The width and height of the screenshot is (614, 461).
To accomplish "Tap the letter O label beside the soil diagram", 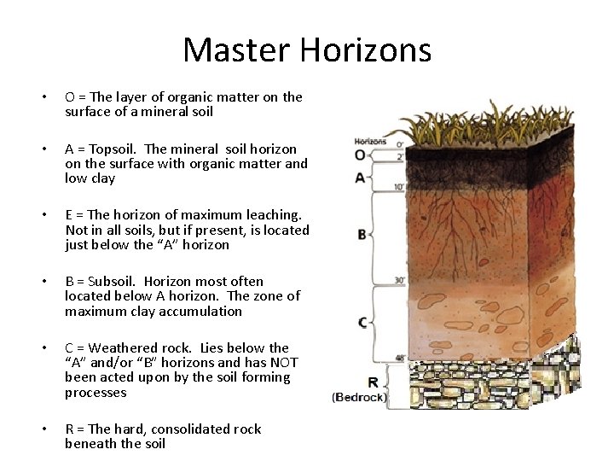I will (x=360, y=155).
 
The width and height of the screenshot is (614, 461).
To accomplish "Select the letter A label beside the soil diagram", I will (x=360, y=178).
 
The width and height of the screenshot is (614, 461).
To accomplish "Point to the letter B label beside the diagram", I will (x=362, y=234).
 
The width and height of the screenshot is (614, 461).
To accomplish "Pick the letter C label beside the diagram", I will (x=362, y=322).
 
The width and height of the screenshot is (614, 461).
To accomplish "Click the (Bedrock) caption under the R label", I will (x=360, y=397).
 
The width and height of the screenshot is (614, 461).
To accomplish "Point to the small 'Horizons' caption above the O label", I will (x=370, y=142).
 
